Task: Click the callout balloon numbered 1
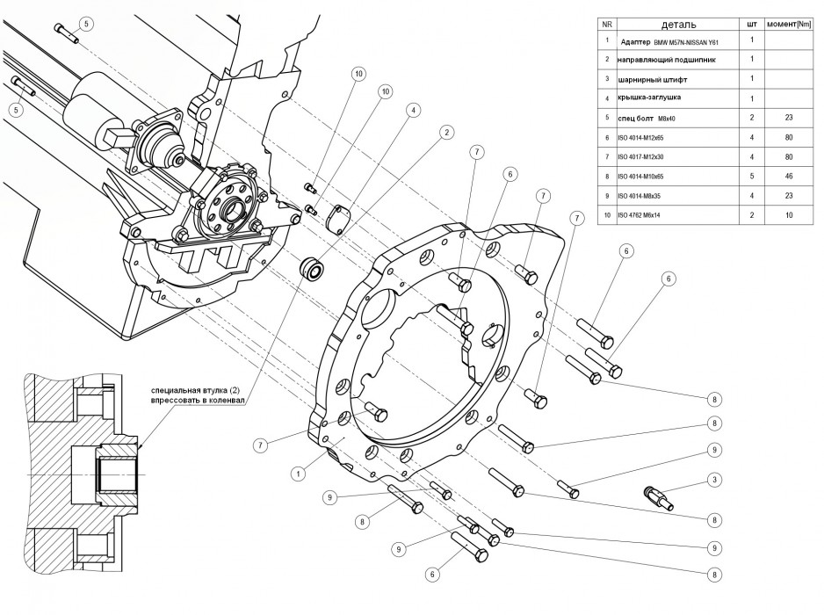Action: coord(299,472)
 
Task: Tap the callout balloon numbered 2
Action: coord(447,133)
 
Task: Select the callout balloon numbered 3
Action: coord(715,480)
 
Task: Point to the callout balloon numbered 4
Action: coord(411,111)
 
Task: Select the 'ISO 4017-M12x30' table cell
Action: coord(654,156)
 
